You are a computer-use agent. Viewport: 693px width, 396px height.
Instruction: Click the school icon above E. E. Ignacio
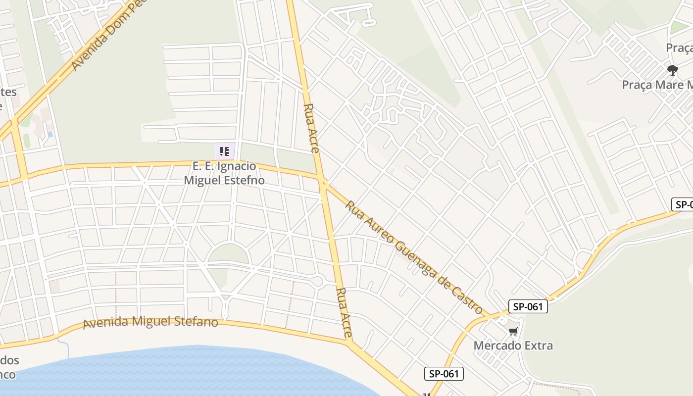[x=224, y=151]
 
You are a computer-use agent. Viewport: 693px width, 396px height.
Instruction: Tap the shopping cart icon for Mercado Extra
[x=513, y=331]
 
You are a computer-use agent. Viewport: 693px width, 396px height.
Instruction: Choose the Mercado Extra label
[x=513, y=345]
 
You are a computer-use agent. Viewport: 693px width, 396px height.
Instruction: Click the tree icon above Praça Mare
[x=672, y=70]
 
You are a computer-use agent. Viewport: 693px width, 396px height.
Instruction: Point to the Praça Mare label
[x=657, y=84]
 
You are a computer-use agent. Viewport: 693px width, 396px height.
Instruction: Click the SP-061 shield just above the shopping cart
[x=528, y=306]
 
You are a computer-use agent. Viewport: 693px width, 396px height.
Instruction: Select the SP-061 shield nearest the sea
[x=444, y=374]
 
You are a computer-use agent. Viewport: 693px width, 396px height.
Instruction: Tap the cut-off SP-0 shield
[x=683, y=204]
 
